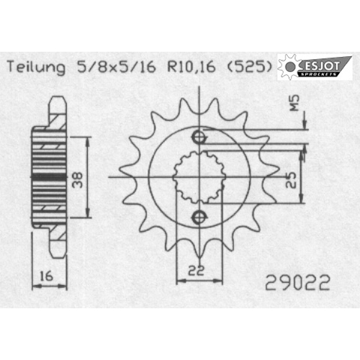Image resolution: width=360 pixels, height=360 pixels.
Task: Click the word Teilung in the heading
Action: coord(36,67)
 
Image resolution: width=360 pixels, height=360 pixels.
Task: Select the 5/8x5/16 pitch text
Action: coord(116,67)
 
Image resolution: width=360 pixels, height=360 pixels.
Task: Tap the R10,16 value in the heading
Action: coord(192,67)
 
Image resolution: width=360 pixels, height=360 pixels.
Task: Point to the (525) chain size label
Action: coord(249,67)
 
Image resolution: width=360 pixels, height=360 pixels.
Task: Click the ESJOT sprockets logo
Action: coord(315,67)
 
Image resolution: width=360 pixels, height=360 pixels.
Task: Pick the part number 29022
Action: coord(297,283)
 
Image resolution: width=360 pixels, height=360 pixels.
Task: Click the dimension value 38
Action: coord(78,180)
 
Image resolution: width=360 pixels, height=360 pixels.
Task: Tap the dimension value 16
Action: coord(46,276)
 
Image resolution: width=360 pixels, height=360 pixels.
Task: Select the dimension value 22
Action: coord(196,271)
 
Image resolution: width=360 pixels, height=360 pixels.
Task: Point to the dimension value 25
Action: coord(291,180)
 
